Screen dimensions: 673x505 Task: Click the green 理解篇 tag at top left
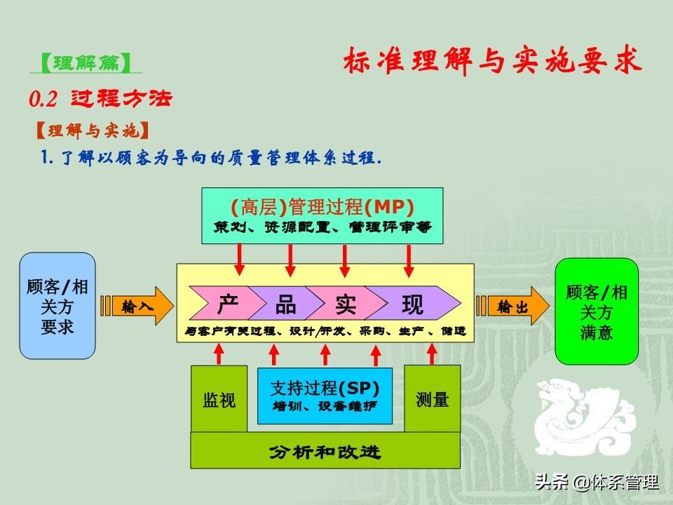point(86,63)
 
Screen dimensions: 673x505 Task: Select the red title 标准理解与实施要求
point(492,60)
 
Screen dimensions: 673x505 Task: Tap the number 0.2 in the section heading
point(43,99)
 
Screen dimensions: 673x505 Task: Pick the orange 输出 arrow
point(513,307)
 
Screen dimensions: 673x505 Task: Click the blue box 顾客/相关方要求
point(57,306)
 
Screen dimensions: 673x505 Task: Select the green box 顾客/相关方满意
point(597,311)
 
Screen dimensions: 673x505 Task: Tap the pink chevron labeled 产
point(223,303)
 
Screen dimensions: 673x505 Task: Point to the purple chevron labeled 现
point(413,303)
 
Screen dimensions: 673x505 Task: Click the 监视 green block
point(219,398)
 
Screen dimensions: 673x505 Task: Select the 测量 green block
point(433,398)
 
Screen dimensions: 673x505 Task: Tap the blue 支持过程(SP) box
point(325,396)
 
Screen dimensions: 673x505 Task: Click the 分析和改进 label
point(325,452)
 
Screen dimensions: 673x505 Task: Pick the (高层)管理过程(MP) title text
point(322,207)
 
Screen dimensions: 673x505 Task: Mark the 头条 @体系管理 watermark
point(597,482)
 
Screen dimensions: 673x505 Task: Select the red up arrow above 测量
point(433,353)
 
